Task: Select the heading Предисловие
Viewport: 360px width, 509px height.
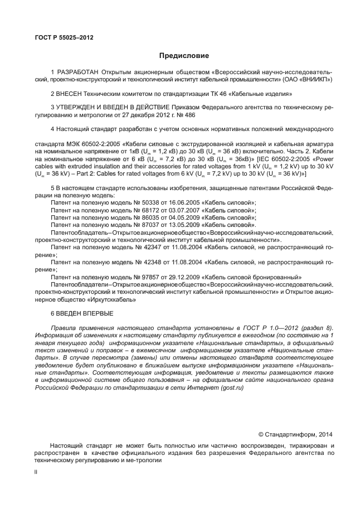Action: (184, 56)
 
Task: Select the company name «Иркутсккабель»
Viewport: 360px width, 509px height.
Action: (109, 298)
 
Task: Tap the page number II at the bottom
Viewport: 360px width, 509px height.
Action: (36, 471)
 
